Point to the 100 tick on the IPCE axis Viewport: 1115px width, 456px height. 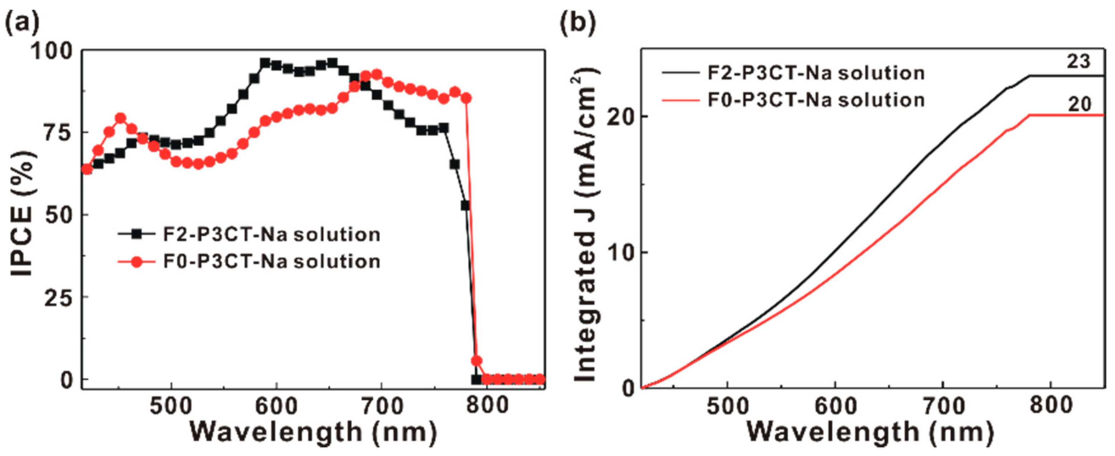[x=53, y=52]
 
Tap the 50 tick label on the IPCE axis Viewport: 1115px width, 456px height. [x=59, y=215]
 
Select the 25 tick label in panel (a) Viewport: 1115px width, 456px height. [x=59, y=297]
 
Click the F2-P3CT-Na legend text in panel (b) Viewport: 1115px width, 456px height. [x=815, y=73]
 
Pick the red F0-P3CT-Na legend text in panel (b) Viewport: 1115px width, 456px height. [x=815, y=100]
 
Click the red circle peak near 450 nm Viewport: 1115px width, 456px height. [x=121, y=118]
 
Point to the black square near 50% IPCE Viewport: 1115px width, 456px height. [x=465, y=205]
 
